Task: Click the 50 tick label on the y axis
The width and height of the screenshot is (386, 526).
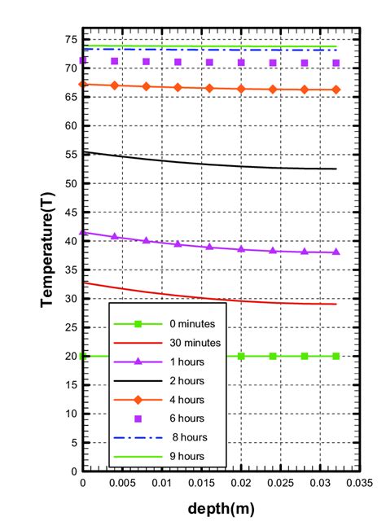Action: coord(70,184)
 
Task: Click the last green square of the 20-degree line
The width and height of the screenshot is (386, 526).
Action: coord(336,356)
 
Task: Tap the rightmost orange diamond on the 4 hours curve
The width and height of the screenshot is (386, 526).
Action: coord(336,90)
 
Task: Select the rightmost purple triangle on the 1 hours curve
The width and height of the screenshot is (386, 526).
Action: coord(336,252)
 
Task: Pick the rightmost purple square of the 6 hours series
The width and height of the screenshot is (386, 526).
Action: coord(336,63)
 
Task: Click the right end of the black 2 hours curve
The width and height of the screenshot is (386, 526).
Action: coord(336,169)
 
